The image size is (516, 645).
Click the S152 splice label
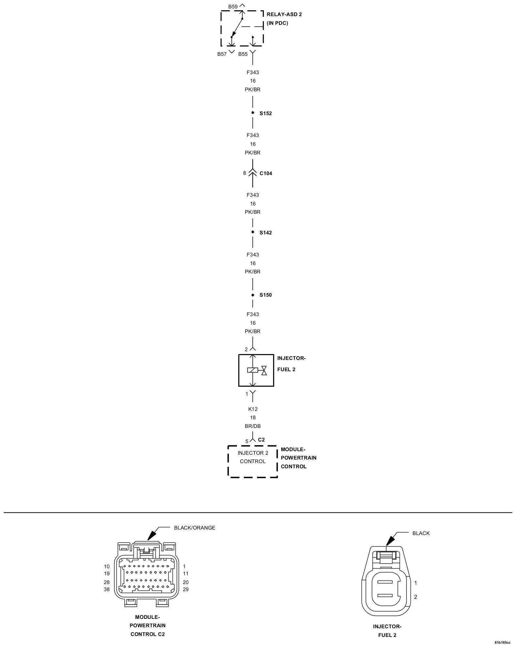click(x=265, y=114)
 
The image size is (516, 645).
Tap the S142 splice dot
click(x=253, y=232)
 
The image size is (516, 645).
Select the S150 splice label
click(x=265, y=295)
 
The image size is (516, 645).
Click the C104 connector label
click(x=266, y=174)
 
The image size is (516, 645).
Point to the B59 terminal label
click(x=233, y=6)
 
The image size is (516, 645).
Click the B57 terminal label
click(x=222, y=54)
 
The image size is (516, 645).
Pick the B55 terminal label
click(x=243, y=54)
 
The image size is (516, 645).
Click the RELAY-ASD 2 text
click(x=284, y=15)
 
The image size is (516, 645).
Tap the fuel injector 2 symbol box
click(x=256, y=370)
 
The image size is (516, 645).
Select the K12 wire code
click(x=253, y=409)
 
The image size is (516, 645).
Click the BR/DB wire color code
click(x=253, y=426)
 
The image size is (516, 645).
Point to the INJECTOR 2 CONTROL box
click(x=253, y=461)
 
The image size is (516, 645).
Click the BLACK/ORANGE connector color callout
click(x=194, y=528)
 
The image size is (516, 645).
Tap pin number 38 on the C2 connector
click(x=107, y=590)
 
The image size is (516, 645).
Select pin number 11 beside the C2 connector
click(x=186, y=573)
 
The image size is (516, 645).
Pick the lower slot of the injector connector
click(x=385, y=596)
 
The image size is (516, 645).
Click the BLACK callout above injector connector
click(x=421, y=533)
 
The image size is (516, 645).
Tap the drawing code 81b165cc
click(x=502, y=642)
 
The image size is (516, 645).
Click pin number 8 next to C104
click(x=244, y=173)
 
